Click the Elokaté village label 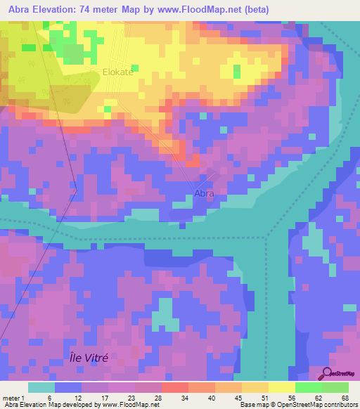coord(117,71)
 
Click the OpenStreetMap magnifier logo coord(328,374)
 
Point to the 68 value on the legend coord(344,398)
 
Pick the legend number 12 coord(86,398)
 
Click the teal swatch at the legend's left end coord(41,387)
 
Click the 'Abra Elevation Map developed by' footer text coord(49,405)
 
